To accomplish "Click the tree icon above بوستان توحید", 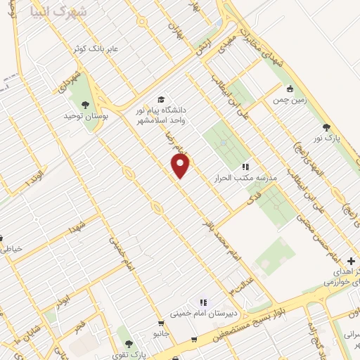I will coord(85,104).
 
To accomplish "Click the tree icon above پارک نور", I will coord(326,127).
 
